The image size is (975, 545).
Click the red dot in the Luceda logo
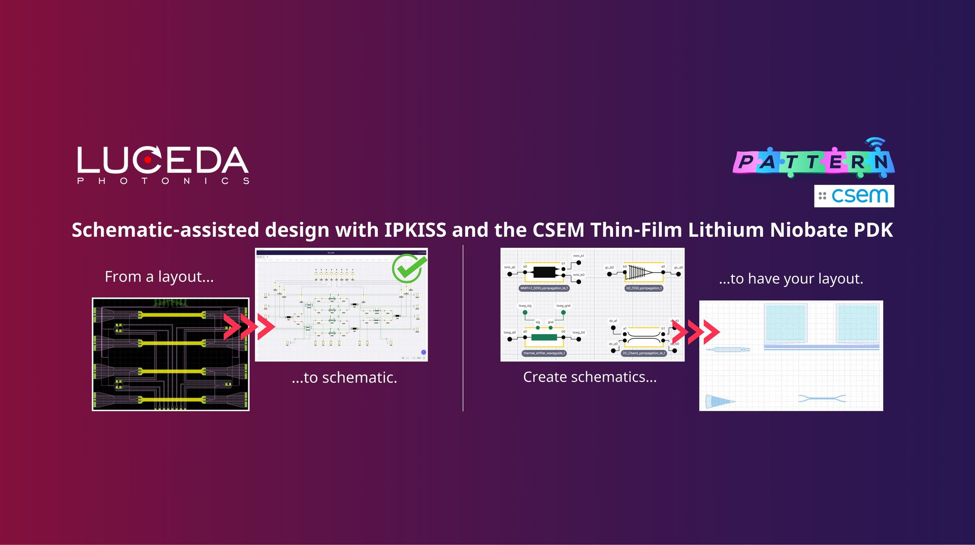pos(148,159)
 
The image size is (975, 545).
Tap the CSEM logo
pos(854,196)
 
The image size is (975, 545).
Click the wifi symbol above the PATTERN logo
pos(875,143)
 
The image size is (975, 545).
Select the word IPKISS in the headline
pos(415,230)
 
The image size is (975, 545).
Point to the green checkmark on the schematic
pos(409,268)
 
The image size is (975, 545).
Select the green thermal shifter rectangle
pos(544,337)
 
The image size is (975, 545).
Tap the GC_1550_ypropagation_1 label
pos(644,288)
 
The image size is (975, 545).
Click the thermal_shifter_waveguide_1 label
pos(544,353)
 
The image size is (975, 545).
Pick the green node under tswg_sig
pos(525,312)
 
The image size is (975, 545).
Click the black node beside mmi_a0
pos(510,274)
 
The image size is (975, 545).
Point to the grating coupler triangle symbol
pos(639,273)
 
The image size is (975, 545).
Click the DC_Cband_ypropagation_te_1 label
pos(644,353)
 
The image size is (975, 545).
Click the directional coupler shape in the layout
pos(822,398)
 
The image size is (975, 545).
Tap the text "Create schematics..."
pos(590,377)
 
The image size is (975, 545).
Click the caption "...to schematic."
pos(344,377)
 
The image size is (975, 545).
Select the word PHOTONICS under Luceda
pos(163,181)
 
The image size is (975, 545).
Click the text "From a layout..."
pos(159,277)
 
